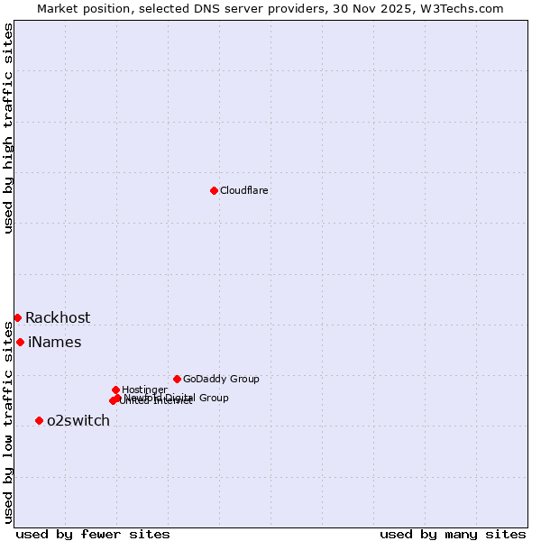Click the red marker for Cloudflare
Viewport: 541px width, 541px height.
[x=214, y=190]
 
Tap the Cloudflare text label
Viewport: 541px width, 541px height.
[x=244, y=191]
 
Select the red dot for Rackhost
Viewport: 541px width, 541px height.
[x=17, y=317]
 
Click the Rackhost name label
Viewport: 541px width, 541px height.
[x=58, y=318]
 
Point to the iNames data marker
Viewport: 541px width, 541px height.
[x=20, y=342]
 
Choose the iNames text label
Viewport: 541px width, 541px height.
[x=55, y=343]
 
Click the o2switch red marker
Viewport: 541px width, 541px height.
[x=39, y=420]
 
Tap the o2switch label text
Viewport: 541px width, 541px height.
[x=78, y=421]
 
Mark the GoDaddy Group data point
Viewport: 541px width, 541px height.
[x=177, y=379]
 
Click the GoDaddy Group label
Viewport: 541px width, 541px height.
[x=221, y=380]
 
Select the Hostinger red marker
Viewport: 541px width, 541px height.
[x=115, y=390]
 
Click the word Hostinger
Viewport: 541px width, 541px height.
[x=145, y=390]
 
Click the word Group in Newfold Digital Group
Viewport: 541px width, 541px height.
[x=213, y=398]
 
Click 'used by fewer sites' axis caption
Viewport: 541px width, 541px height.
[x=93, y=535]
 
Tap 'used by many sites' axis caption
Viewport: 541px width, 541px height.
[x=453, y=535]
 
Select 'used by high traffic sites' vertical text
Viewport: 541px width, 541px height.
[x=9, y=128]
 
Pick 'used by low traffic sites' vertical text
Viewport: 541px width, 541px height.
[x=9, y=421]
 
